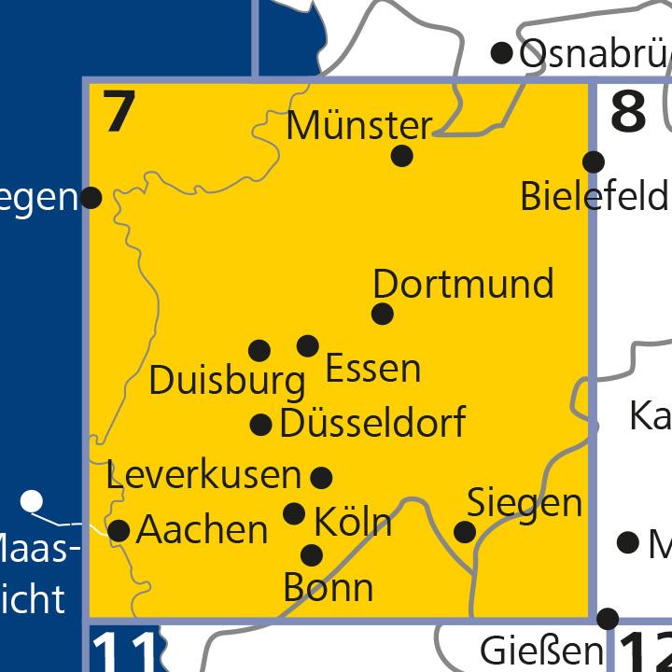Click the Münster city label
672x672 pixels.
coord(359,125)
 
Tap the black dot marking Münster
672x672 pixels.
coord(401,156)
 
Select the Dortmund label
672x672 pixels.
coord(463,284)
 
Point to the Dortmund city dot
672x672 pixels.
coord(382,314)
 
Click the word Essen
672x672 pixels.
coord(372,369)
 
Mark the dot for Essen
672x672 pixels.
coord(307,346)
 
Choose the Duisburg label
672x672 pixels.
coord(227,381)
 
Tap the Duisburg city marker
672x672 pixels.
coord(259,351)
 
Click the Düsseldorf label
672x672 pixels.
coord(372,424)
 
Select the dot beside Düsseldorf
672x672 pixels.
coord(261,426)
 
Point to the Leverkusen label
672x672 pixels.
coord(203,475)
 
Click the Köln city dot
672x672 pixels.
coord(294,513)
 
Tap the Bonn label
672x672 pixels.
coord(328,588)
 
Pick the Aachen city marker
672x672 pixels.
coord(119,530)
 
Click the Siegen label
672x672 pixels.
coord(525,503)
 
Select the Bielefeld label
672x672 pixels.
coord(595,197)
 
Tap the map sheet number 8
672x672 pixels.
coord(628,113)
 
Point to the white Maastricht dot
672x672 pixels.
coord(33,501)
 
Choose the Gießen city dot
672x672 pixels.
coord(608,618)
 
